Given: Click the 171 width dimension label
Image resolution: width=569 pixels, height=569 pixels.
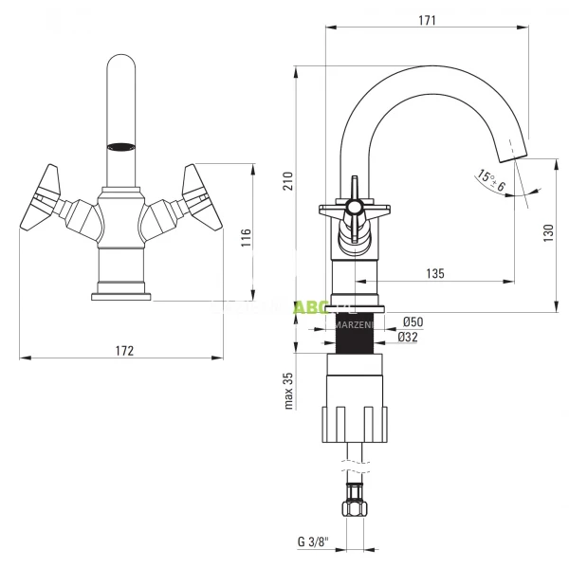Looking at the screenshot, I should point(427,19).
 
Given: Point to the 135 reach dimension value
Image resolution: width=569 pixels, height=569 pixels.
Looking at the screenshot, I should point(434,273).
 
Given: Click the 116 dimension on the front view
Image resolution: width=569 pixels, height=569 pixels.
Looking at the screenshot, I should point(245,237).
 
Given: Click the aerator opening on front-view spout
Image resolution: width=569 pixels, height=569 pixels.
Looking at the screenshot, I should point(121,146).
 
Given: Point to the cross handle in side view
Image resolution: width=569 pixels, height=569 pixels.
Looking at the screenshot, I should point(353,208).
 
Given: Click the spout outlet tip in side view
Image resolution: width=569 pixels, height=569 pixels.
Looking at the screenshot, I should point(515,149).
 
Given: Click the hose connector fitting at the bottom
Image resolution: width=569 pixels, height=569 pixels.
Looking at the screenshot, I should point(356,500).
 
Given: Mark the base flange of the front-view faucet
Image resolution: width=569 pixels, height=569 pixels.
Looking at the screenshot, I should point(121,295).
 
